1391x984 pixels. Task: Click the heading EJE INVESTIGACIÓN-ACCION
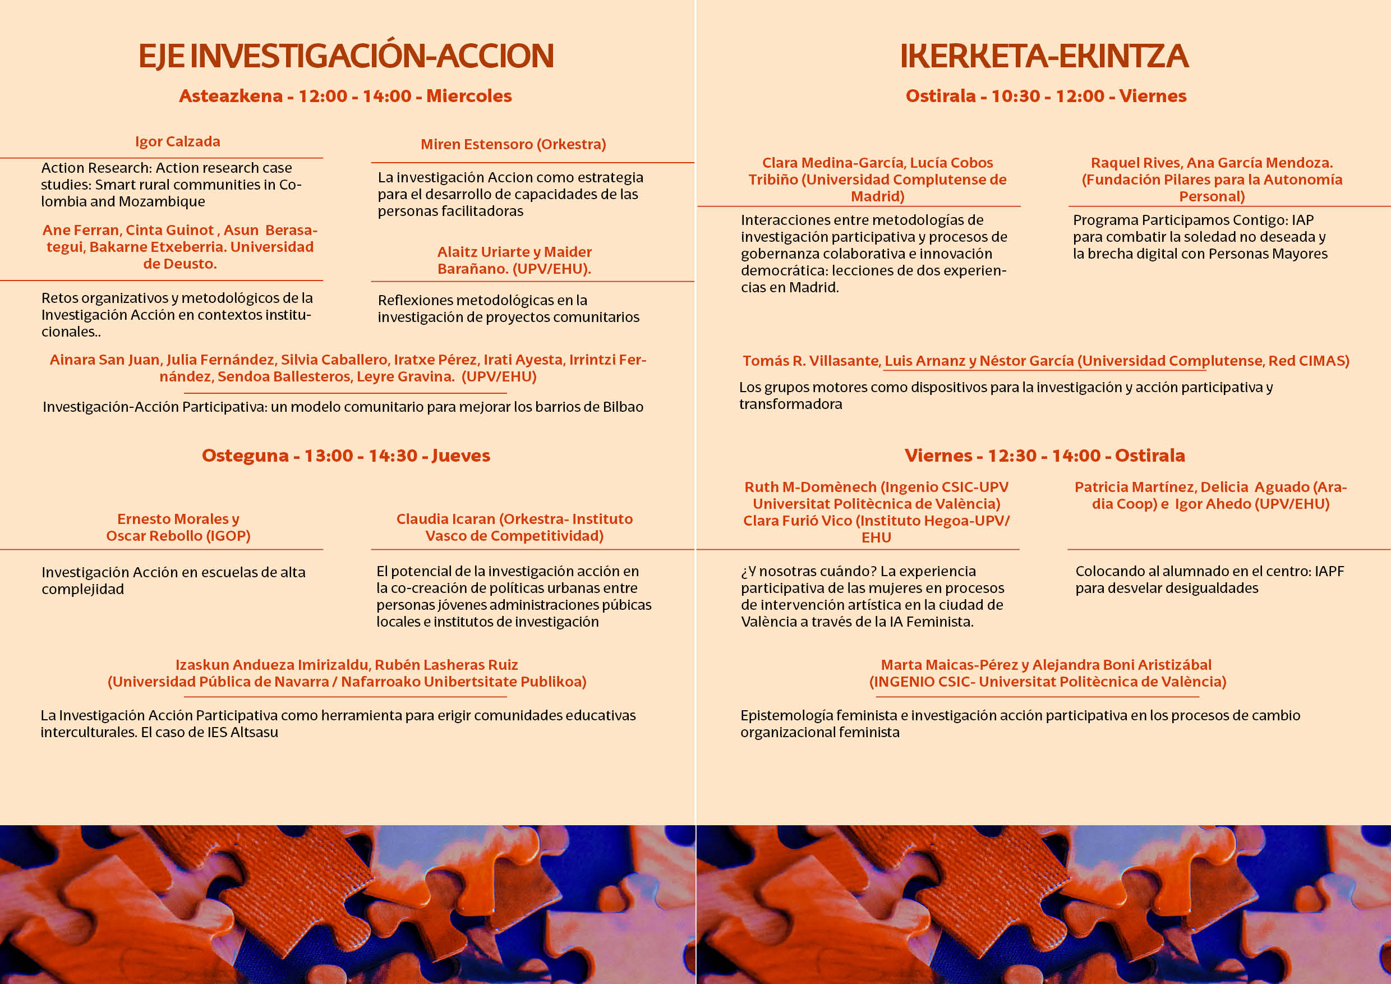(346, 56)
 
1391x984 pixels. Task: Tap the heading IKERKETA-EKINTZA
(1044, 56)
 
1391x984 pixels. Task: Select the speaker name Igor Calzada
(177, 142)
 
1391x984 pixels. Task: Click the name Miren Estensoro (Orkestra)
(513, 144)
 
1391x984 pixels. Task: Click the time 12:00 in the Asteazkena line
(323, 96)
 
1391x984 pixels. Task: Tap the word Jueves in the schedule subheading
(460, 456)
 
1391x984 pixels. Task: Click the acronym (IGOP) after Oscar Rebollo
(229, 536)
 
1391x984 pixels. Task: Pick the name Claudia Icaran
(445, 519)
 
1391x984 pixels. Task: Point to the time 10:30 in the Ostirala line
(1015, 96)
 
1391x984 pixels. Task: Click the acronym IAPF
(1329, 571)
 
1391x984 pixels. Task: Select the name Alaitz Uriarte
(475, 252)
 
